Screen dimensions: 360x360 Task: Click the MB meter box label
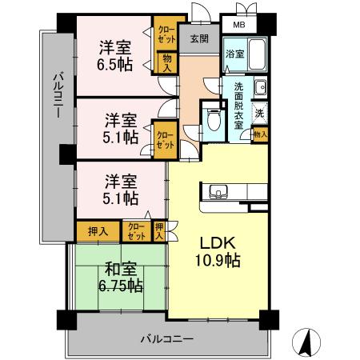(239, 25)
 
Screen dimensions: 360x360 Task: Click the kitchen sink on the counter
(218, 191)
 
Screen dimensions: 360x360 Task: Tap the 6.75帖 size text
(120, 286)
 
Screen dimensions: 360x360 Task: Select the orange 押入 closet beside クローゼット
(98, 230)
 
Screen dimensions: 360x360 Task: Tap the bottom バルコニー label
(168, 339)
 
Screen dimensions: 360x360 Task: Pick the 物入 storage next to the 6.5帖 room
(166, 62)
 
